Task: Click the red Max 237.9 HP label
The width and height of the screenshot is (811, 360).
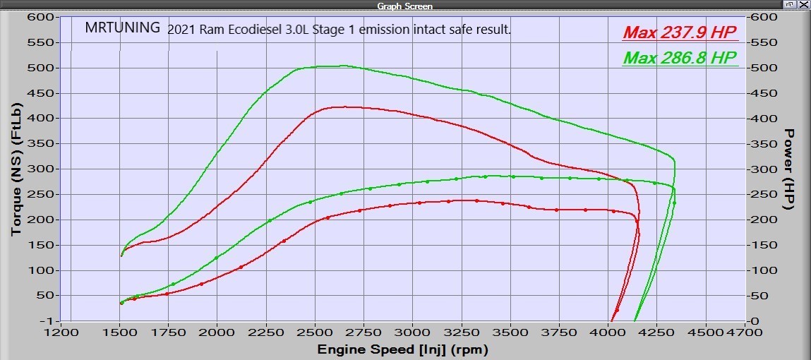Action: pos(680,33)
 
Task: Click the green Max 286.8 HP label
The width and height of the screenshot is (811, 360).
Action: pos(680,58)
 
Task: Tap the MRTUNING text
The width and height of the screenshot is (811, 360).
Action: pos(122,29)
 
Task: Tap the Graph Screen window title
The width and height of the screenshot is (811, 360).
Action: pos(404,6)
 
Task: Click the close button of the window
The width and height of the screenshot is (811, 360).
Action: pos(804,5)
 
